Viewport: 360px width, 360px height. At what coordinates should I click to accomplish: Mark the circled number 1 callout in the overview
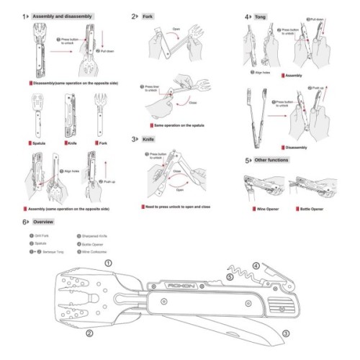tap(109, 264)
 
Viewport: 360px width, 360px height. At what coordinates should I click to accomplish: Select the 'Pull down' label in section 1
tap(106, 52)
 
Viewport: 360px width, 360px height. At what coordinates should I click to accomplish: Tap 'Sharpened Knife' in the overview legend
tap(96, 235)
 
